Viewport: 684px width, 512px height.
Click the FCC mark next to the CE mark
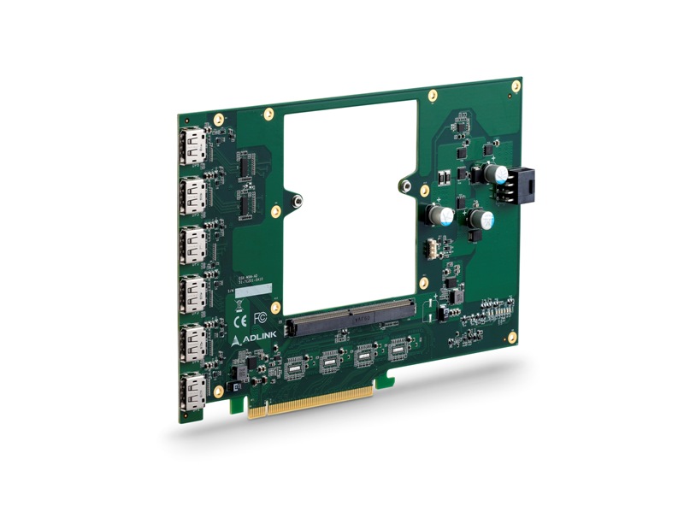tap(261, 317)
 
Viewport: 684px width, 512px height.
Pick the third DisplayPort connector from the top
tap(193, 246)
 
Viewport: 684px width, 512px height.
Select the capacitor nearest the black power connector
tap(494, 174)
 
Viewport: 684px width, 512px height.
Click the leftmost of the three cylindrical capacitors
tap(438, 213)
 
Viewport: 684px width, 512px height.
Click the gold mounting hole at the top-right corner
tap(516, 86)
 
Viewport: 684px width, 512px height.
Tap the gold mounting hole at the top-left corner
tap(219, 119)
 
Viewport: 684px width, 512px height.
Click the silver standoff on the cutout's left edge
tap(297, 201)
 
